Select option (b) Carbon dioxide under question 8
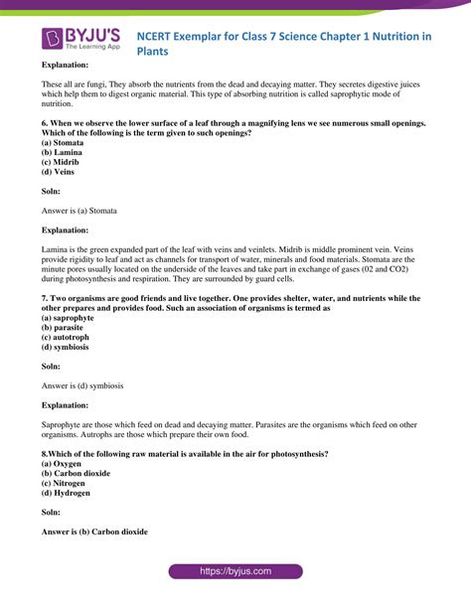(x=77, y=474)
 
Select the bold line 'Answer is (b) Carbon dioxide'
(x=94, y=532)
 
